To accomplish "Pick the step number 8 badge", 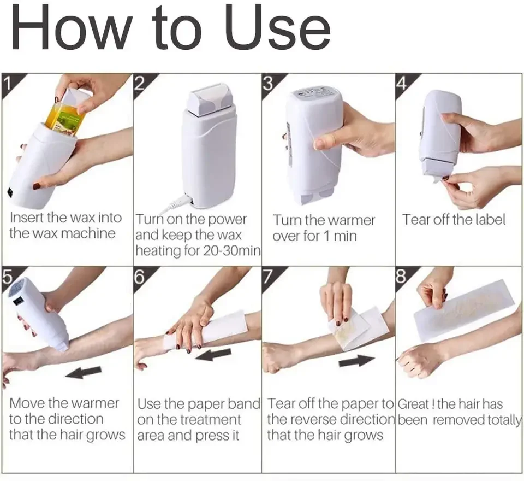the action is click(401, 277).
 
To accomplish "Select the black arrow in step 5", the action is click(83, 372).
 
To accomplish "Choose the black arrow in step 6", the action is click(213, 355).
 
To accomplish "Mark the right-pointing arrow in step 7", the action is click(356, 362).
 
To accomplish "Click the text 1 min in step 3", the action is click(340, 236).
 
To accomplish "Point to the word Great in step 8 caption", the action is click(413, 404).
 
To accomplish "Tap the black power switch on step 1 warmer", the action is click(10, 193).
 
